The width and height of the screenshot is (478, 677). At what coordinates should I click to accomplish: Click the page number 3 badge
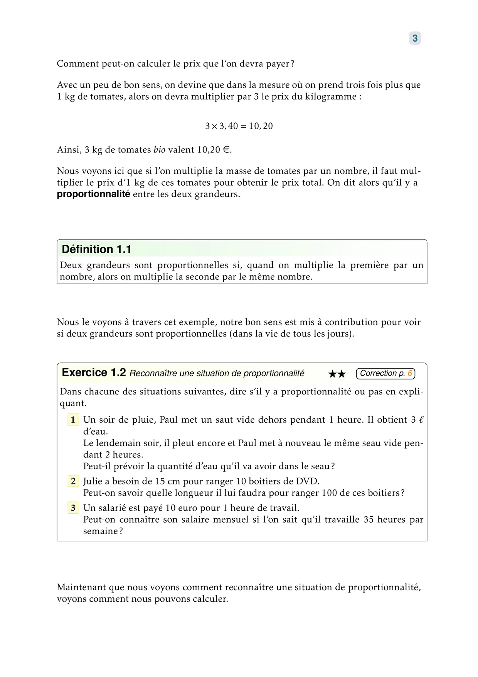tap(415, 38)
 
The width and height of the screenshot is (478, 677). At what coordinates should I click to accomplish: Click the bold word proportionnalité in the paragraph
tap(93, 194)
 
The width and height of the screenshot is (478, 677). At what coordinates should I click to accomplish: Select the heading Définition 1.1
tap(96, 249)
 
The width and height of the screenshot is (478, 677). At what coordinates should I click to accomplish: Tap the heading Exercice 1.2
tap(94, 372)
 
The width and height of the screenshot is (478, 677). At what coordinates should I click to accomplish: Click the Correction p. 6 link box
tap(385, 373)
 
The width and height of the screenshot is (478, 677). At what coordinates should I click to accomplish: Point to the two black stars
tap(337, 374)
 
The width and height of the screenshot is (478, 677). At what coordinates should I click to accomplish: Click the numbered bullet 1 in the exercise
tap(73, 420)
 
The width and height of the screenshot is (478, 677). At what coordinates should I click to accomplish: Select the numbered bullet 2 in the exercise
tap(73, 481)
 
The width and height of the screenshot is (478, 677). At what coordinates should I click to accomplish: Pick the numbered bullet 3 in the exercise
tap(73, 508)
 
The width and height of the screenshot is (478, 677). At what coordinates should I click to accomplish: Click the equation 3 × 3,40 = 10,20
tap(239, 126)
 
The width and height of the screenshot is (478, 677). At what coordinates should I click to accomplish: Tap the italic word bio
tap(159, 150)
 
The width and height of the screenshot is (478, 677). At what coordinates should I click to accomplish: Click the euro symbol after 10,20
tap(226, 150)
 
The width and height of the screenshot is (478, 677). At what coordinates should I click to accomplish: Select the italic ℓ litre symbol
tap(421, 420)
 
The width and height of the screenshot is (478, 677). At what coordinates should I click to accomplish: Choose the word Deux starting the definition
tap(71, 265)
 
